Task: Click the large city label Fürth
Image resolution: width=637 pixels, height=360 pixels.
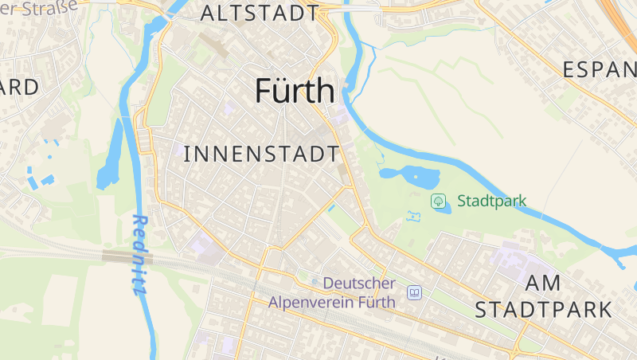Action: tap(295, 92)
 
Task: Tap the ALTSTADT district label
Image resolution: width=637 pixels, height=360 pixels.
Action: tap(260, 13)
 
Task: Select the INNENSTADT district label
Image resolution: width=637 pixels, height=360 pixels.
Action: tap(261, 154)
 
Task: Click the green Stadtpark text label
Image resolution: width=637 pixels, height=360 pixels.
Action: tap(491, 201)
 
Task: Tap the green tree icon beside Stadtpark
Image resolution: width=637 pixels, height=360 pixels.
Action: tap(438, 201)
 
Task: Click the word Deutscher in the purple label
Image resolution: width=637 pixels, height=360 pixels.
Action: tap(359, 284)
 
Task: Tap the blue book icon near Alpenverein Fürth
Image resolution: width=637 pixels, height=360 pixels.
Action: tap(414, 292)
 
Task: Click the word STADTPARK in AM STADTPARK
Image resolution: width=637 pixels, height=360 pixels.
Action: tap(543, 309)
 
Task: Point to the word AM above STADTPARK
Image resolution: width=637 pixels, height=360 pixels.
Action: tap(544, 283)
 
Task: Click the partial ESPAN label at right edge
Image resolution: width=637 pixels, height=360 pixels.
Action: tap(599, 69)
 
